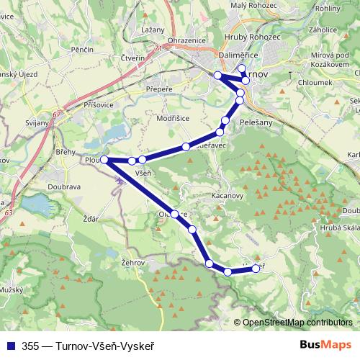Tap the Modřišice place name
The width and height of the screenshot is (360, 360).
[174, 116]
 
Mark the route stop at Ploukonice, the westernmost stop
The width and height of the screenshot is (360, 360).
[104, 159]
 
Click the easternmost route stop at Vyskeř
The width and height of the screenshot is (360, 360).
[256, 269]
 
